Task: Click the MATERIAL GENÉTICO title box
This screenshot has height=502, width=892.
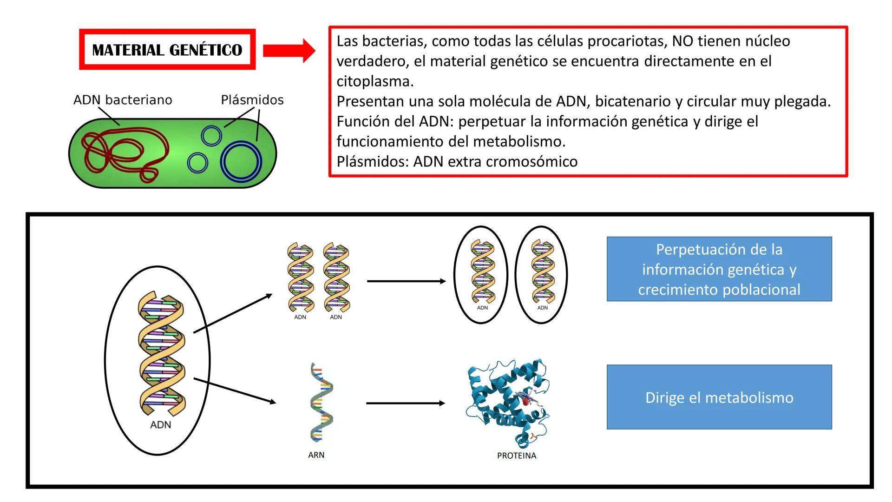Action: tap(167, 50)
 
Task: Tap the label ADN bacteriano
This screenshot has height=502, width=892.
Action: tap(123, 100)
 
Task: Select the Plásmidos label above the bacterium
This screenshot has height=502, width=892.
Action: tap(252, 100)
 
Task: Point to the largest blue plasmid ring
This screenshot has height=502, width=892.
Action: tap(241, 162)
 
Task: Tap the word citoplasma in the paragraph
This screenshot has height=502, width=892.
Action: tap(374, 81)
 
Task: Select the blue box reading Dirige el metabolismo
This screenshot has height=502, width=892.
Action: tap(719, 397)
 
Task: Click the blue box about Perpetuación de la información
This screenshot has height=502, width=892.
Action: tap(719, 269)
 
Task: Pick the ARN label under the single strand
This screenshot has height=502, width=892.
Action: tap(316, 455)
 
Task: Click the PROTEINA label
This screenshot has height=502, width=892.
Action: tap(517, 456)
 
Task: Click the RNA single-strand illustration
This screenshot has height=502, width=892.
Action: tap(321, 402)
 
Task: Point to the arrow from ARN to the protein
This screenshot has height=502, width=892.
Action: tap(405, 403)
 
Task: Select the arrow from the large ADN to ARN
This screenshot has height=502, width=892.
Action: tap(235, 390)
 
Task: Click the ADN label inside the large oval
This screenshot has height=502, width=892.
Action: tap(161, 425)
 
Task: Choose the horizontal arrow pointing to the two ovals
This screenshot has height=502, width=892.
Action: tap(406, 281)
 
